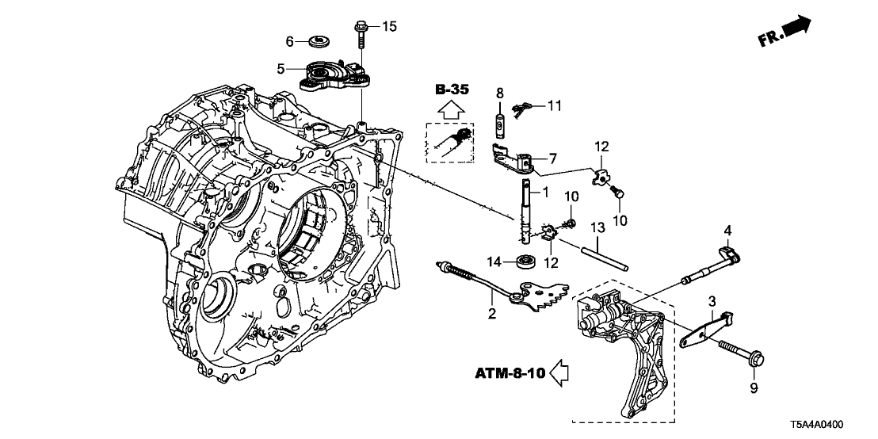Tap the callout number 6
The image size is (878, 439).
click(290, 40)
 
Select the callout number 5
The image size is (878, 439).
click(281, 69)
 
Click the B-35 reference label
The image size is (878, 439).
click(452, 90)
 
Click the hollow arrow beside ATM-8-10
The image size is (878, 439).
click(561, 372)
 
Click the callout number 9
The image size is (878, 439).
click(754, 387)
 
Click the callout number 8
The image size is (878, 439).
click(499, 93)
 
